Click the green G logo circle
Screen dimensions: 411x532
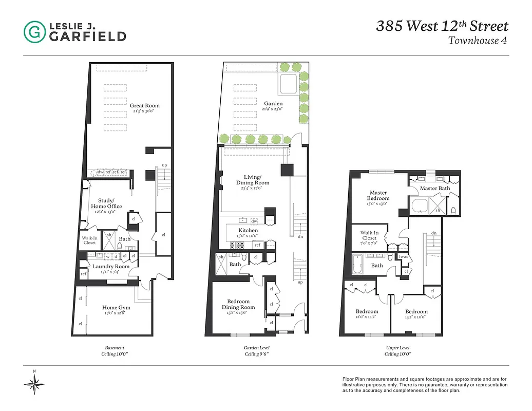tap(34, 32)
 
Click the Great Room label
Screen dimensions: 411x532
tap(141, 106)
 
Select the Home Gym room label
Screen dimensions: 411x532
tap(116, 308)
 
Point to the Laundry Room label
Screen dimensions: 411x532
tap(111, 267)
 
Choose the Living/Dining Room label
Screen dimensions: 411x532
tap(253, 180)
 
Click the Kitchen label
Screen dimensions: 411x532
tap(248, 231)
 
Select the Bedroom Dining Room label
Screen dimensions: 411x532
tap(238, 304)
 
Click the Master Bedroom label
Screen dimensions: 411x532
tap(378, 195)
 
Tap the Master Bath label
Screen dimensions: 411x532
tap(434, 189)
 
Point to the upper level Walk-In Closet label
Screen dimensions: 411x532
tap(369, 235)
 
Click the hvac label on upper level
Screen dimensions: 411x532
tap(404, 257)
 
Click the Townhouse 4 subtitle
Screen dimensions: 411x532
tap(478, 41)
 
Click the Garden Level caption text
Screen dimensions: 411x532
tap(256, 348)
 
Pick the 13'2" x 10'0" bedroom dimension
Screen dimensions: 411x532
tap(416, 317)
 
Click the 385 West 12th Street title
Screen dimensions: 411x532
tap(442, 26)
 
